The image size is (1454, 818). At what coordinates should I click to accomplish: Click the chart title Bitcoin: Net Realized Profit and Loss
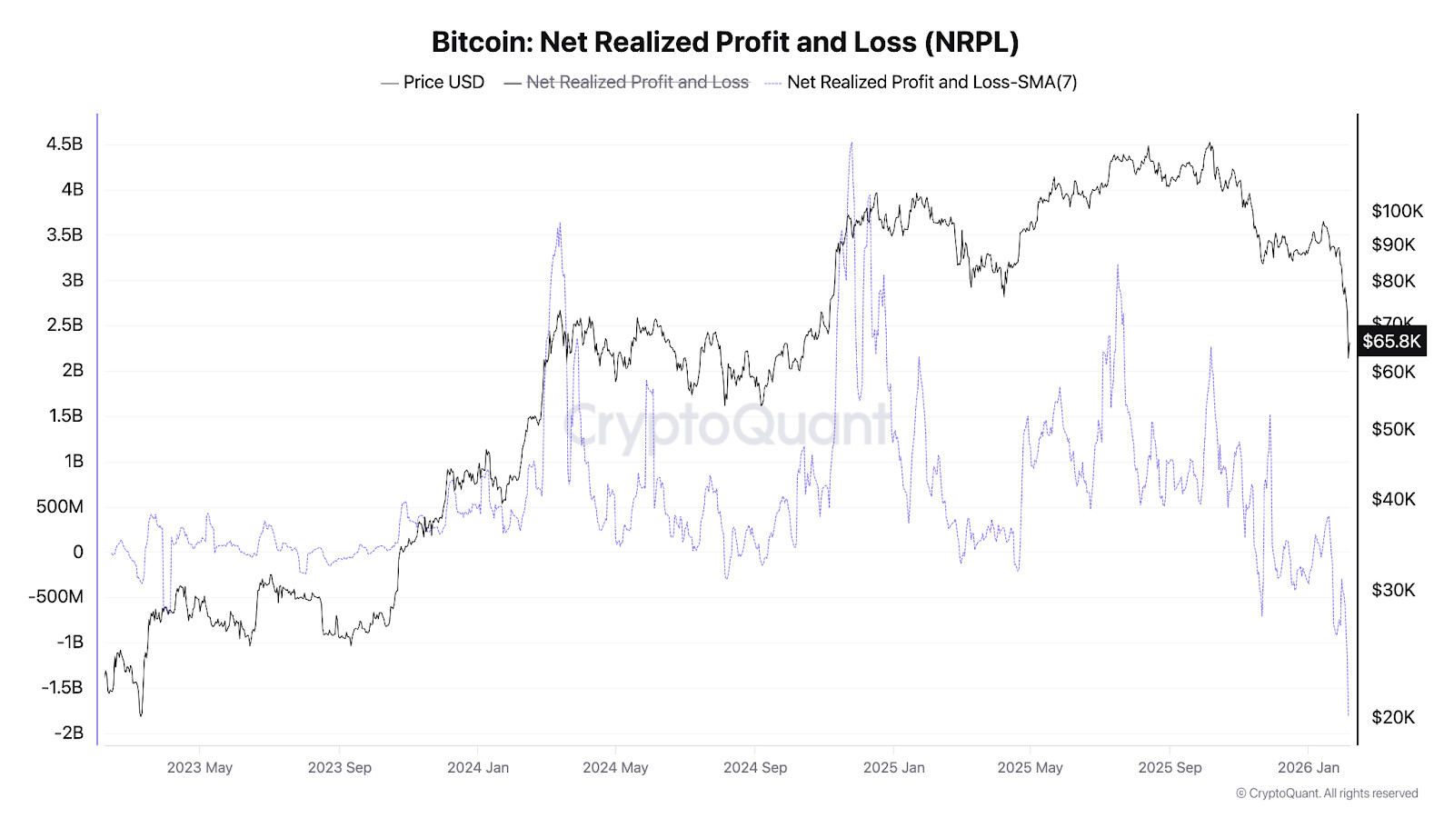click(x=725, y=42)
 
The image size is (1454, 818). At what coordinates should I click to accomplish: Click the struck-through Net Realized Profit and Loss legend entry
click(x=637, y=82)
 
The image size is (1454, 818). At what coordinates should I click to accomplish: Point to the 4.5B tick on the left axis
click(x=65, y=144)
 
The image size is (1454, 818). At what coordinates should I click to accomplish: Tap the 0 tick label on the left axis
click(x=77, y=552)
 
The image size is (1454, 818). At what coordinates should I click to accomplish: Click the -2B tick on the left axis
click(x=68, y=733)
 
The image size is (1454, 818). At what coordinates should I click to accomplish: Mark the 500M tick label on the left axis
click(x=59, y=506)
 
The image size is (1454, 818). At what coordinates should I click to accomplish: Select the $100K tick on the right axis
click(x=1397, y=211)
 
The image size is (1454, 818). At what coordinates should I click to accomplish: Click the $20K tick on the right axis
click(x=1393, y=717)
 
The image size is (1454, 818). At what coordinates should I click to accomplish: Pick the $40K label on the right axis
click(x=1393, y=499)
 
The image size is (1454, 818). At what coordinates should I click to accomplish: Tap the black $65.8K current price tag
click(x=1391, y=342)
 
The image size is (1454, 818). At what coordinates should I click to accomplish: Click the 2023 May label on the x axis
click(x=200, y=767)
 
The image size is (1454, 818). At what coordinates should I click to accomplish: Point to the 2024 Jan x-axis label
click(x=478, y=767)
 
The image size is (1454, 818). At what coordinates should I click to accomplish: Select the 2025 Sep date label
click(x=1170, y=767)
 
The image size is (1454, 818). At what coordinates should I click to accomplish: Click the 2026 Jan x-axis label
click(x=1308, y=767)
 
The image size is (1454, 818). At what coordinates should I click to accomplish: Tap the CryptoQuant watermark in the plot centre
click(x=727, y=424)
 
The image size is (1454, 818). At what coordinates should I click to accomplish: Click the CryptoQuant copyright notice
click(x=1327, y=793)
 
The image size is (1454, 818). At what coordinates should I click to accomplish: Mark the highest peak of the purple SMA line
click(x=851, y=143)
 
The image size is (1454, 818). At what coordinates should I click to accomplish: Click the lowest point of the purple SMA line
click(x=1348, y=715)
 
